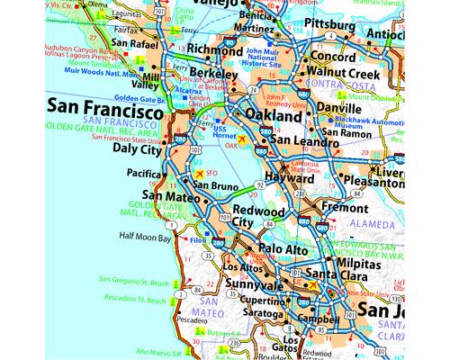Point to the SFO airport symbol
[199, 172]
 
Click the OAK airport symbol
[241, 139]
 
